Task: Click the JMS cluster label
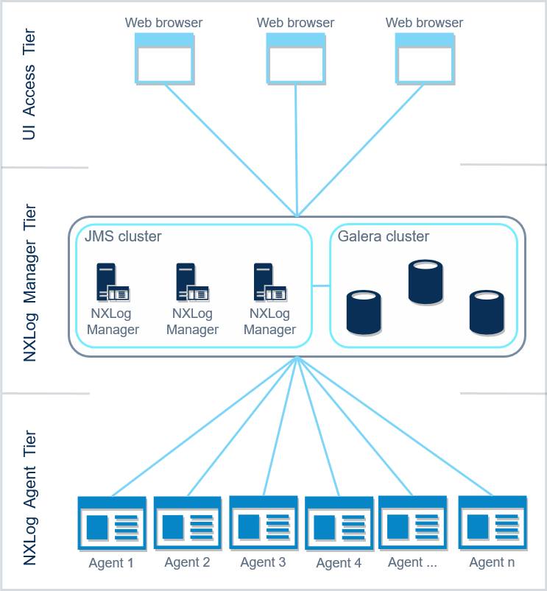(x=123, y=237)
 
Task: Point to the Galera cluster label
(x=383, y=237)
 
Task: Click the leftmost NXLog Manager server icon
(x=112, y=283)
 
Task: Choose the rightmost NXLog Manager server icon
(x=269, y=283)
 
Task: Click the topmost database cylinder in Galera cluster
(x=426, y=282)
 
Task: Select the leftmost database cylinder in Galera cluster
(x=364, y=313)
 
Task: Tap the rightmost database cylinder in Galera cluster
(x=487, y=313)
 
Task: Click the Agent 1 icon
(x=111, y=525)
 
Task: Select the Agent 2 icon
(x=187, y=525)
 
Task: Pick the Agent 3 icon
(x=263, y=523)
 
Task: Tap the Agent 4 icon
(x=339, y=525)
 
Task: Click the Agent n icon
(x=493, y=523)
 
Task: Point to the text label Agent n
(x=492, y=563)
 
